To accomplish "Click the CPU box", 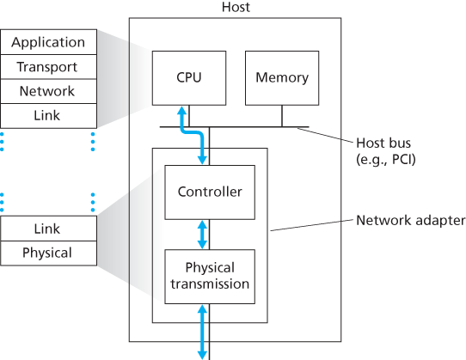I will point(189,77).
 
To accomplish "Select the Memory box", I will point(281,77).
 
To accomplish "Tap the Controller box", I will point(210,192).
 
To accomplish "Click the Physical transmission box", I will point(210,276).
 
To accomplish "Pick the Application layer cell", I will point(48,42).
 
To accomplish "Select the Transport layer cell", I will point(48,67).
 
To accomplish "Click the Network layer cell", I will point(48,91).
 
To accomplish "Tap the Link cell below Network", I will point(48,115).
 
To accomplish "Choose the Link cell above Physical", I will point(48,229).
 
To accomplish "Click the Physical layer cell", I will point(48,253).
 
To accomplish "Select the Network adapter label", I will point(410,220).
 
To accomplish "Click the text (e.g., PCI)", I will point(385,160).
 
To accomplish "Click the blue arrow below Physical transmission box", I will point(203,331).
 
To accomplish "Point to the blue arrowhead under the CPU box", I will point(181,110).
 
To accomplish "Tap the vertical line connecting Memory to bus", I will point(281,116).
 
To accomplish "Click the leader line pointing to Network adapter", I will point(310,226).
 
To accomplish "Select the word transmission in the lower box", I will point(210,284).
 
